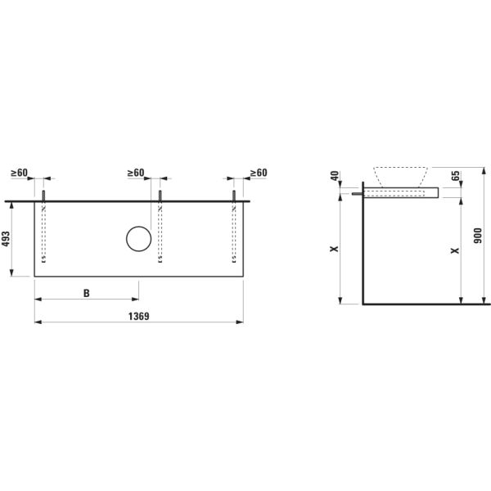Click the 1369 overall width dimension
click(x=139, y=315)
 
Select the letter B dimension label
click(x=86, y=292)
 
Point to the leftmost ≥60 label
click(x=20, y=173)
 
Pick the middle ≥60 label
click(x=136, y=173)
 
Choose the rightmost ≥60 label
click(x=258, y=173)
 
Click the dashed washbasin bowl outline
click(x=401, y=176)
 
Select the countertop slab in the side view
click(x=401, y=192)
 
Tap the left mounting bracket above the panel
click(x=43, y=196)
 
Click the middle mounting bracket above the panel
click(x=160, y=196)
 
